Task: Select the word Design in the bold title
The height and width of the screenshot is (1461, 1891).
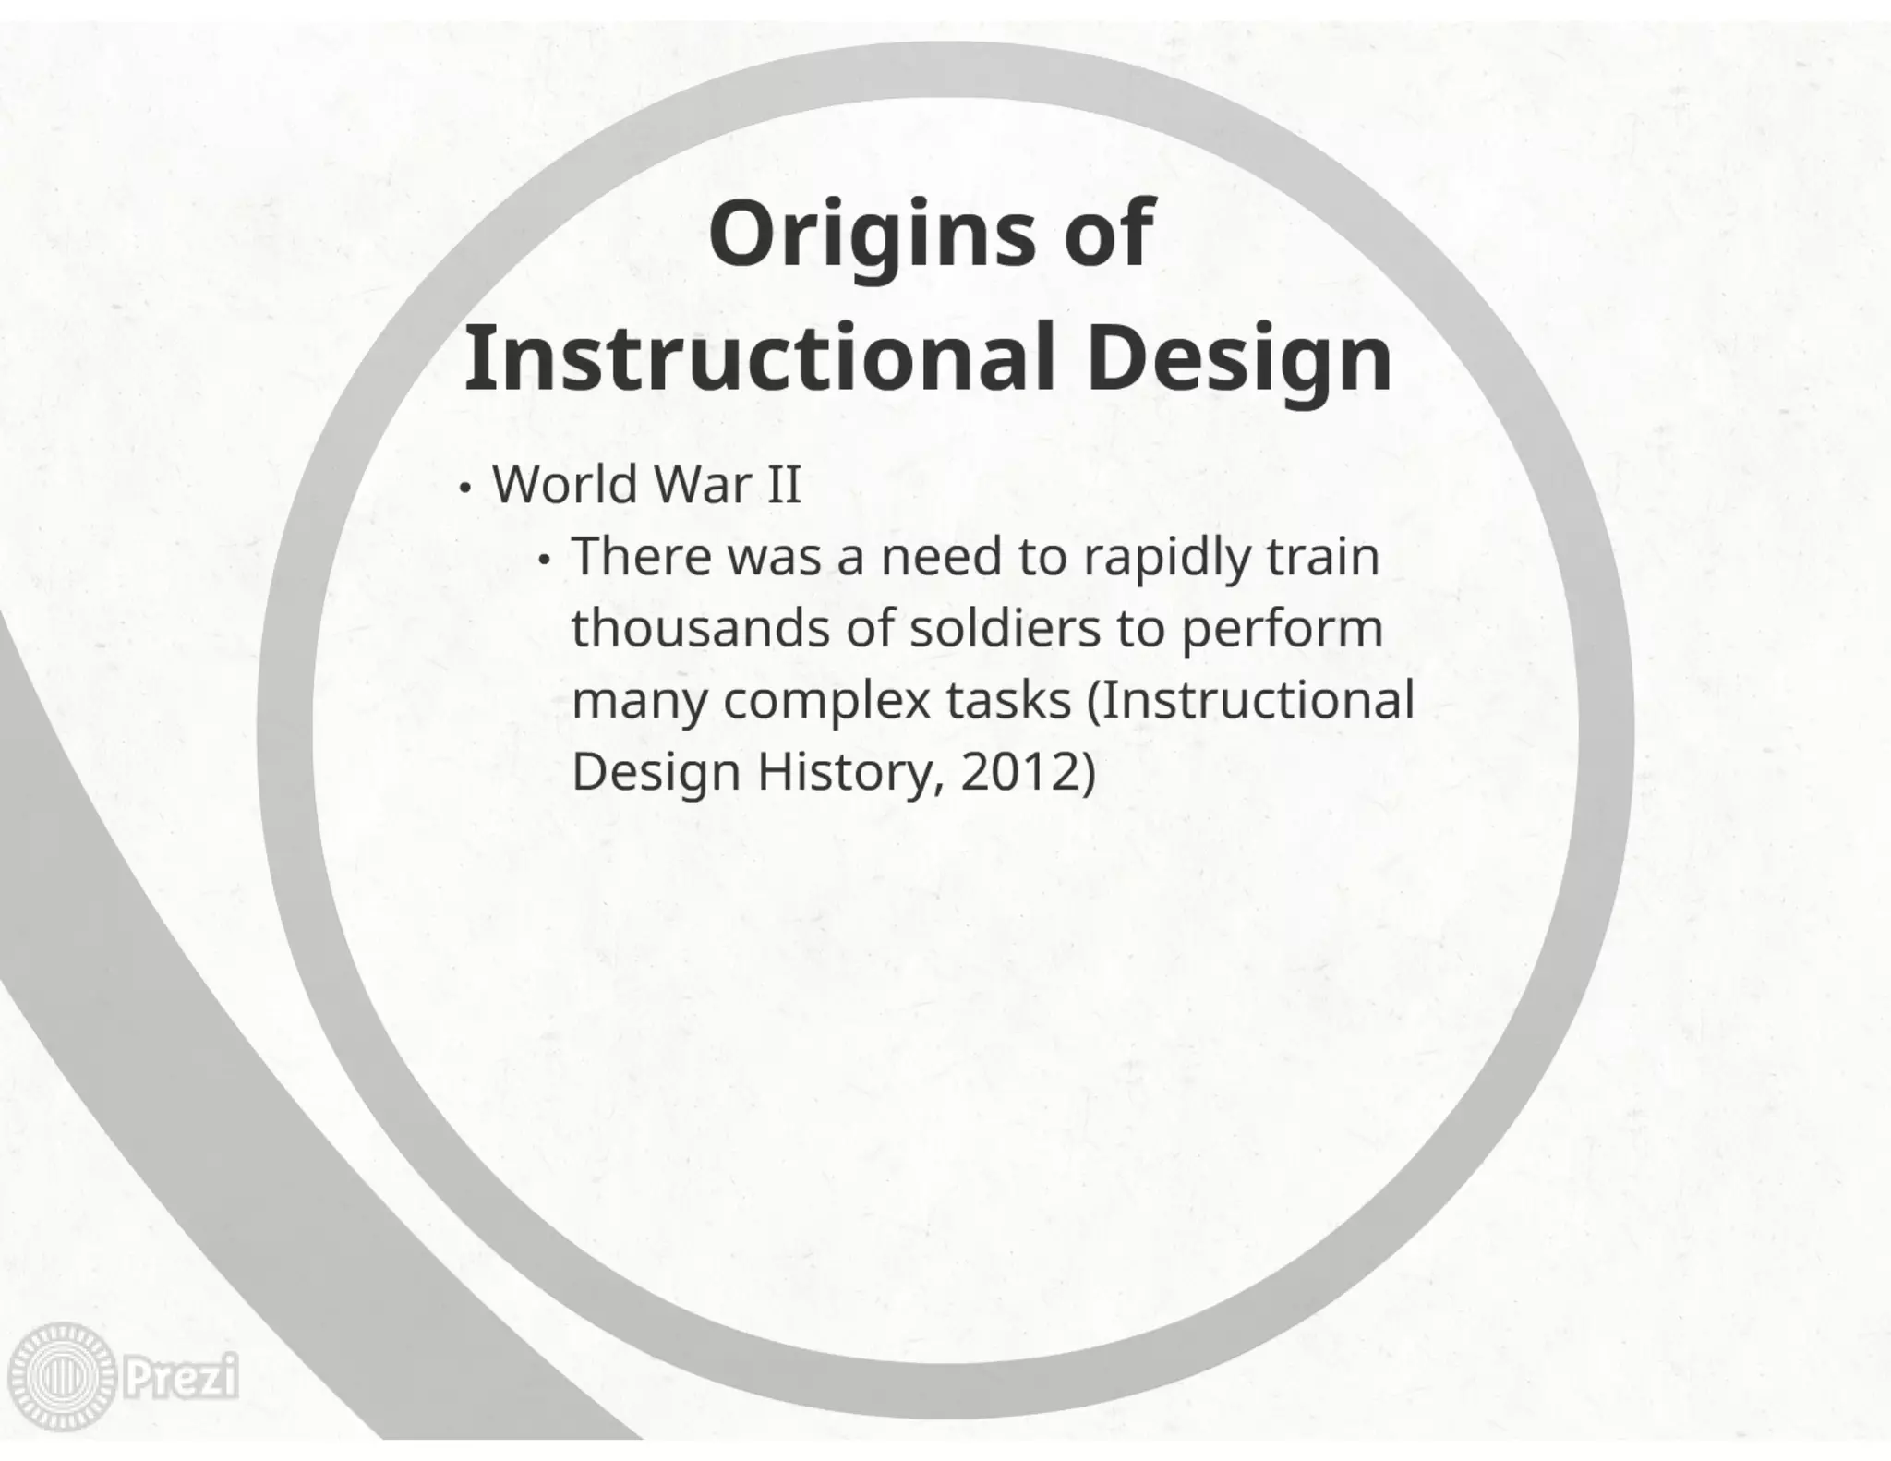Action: pos(1238,360)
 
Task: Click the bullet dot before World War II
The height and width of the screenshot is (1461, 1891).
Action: pos(466,487)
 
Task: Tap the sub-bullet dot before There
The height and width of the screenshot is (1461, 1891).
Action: pos(546,560)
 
